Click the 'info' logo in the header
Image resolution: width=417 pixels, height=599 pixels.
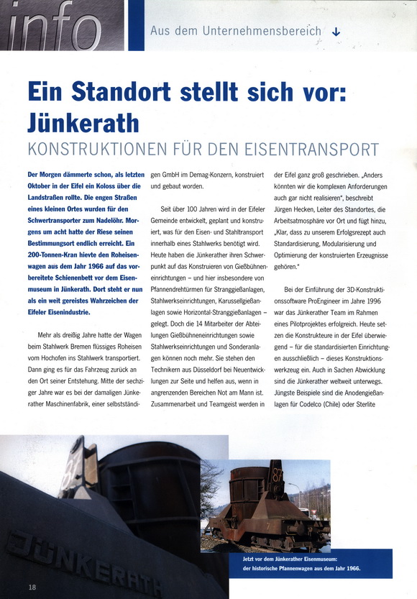tap(54, 26)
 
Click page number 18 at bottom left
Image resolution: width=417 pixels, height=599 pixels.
tap(32, 587)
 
